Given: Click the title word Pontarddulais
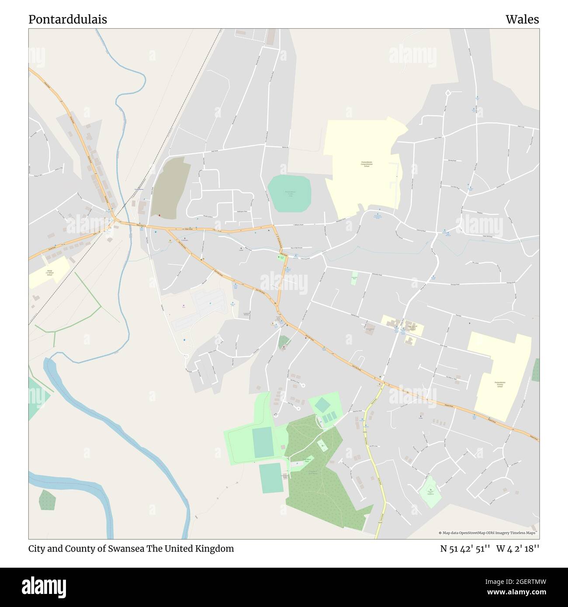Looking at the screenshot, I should tap(68, 20).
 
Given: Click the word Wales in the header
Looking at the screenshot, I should tap(522, 20).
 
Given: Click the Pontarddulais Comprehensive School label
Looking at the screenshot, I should tap(366, 164).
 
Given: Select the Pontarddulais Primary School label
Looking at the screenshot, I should tap(500, 384).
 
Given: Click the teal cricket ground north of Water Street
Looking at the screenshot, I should tap(289, 192).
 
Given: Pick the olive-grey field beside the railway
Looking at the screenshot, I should tap(170, 188).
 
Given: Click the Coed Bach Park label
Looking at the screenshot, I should tap(307, 460).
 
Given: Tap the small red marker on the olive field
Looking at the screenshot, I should tap(159, 215).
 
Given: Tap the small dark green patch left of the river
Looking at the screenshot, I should tap(47, 500).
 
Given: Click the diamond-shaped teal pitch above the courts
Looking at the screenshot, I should tap(322, 405).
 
